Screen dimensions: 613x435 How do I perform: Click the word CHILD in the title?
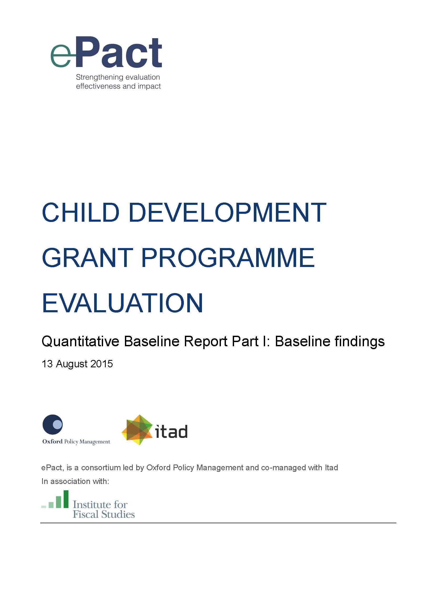point(81,212)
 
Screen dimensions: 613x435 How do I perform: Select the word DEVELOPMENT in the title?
point(227,212)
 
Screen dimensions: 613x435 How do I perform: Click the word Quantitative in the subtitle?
point(80,342)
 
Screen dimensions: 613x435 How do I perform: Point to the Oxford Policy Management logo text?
point(76,442)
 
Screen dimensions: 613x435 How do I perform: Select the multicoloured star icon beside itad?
point(137,430)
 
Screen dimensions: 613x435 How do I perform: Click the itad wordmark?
point(171,432)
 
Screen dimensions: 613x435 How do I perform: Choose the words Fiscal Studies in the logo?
point(104,514)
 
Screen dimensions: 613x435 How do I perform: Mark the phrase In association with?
point(75,481)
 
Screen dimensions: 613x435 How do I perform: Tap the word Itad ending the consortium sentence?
point(331,468)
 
